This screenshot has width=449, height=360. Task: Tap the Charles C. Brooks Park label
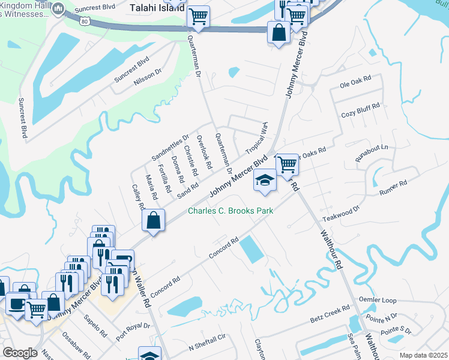pos(231,211)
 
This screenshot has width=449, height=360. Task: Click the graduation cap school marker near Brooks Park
pos(265,180)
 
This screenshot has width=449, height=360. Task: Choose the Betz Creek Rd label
pos(330,312)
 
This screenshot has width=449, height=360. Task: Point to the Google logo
pos(20,352)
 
